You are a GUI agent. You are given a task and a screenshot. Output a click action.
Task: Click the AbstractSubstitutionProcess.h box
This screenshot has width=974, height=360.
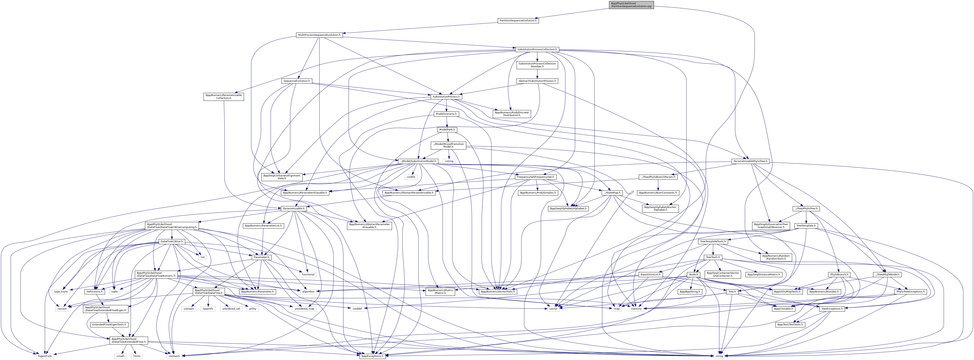click(x=537, y=81)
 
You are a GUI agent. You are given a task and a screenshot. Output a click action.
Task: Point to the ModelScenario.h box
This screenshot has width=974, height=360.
click(x=446, y=114)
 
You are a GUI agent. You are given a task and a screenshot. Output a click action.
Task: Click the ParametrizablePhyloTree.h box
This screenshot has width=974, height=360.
click(x=750, y=161)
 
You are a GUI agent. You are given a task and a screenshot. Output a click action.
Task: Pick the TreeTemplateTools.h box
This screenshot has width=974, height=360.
click(x=712, y=241)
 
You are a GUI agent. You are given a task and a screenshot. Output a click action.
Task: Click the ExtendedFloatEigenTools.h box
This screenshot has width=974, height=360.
click(x=109, y=324)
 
